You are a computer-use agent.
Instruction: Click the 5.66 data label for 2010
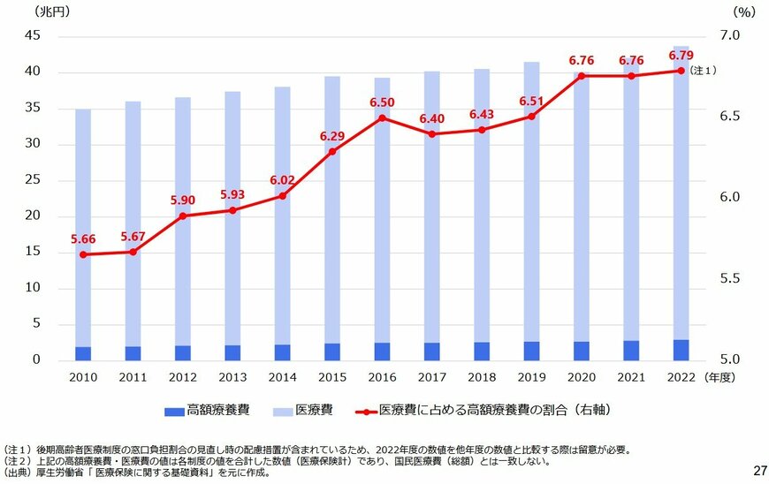point(83,238)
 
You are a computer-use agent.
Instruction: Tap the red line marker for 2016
point(382,118)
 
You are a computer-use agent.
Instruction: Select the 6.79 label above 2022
point(681,55)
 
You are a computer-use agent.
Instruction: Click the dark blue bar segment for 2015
point(331,352)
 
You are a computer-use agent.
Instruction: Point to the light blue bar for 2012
point(182,221)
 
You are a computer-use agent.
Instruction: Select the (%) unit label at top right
point(742,11)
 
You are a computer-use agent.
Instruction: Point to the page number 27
point(758,470)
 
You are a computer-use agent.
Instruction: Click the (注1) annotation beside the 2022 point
point(704,71)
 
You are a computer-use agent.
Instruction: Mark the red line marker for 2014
point(282,196)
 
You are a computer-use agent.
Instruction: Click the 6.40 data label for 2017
point(432,118)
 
